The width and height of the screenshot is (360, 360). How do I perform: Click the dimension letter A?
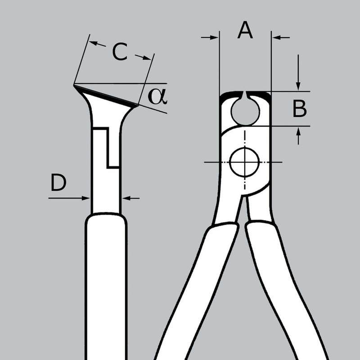click(x=245, y=30)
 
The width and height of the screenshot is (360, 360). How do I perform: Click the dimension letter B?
click(x=300, y=109)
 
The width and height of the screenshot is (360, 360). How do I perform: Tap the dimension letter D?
click(x=58, y=183)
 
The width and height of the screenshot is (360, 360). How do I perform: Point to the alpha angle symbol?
click(x=157, y=96)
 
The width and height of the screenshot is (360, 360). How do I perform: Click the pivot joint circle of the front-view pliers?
click(x=244, y=161)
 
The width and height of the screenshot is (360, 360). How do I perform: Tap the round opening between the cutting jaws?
click(x=245, y=110)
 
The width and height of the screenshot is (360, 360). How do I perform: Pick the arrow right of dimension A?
click(x=281, y=38)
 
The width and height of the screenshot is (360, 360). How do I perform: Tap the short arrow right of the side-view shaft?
click(x=130, y=198)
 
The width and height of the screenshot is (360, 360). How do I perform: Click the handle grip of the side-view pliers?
click(x=106, y=288)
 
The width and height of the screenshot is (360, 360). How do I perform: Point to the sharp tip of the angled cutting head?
click(x=75, y=84)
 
